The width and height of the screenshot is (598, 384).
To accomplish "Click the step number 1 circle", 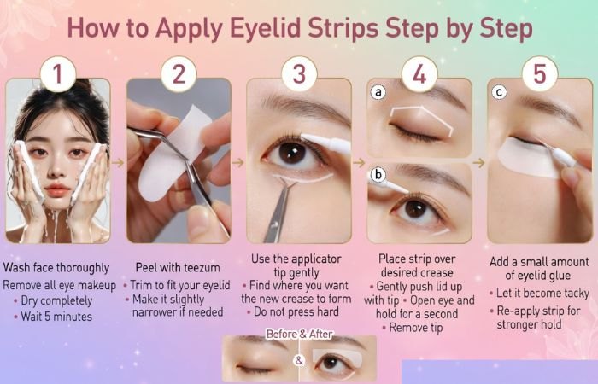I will [56, 74].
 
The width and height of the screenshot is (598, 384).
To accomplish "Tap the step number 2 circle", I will [178, 74].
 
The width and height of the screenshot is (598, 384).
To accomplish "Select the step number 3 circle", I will [299, 74].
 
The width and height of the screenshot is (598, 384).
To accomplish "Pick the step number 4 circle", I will [419, 74].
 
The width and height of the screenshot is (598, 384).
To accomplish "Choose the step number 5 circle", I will [539, 74].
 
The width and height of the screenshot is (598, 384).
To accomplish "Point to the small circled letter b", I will [377, 176].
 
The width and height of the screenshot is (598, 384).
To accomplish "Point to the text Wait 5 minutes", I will [57, 317].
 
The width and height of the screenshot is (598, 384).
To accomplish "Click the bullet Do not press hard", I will [298, 311].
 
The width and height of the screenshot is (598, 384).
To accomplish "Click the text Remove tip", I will [419, 328].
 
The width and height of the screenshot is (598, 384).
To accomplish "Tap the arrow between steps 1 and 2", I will [118, 161].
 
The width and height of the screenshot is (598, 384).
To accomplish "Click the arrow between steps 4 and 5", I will [479, 161].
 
